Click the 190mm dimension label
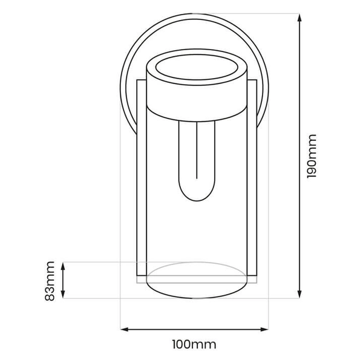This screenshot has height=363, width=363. (x=312, y=155)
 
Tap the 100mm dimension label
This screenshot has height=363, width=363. (x=194, y=345)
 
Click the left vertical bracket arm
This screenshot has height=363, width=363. (x=140, y=181)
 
